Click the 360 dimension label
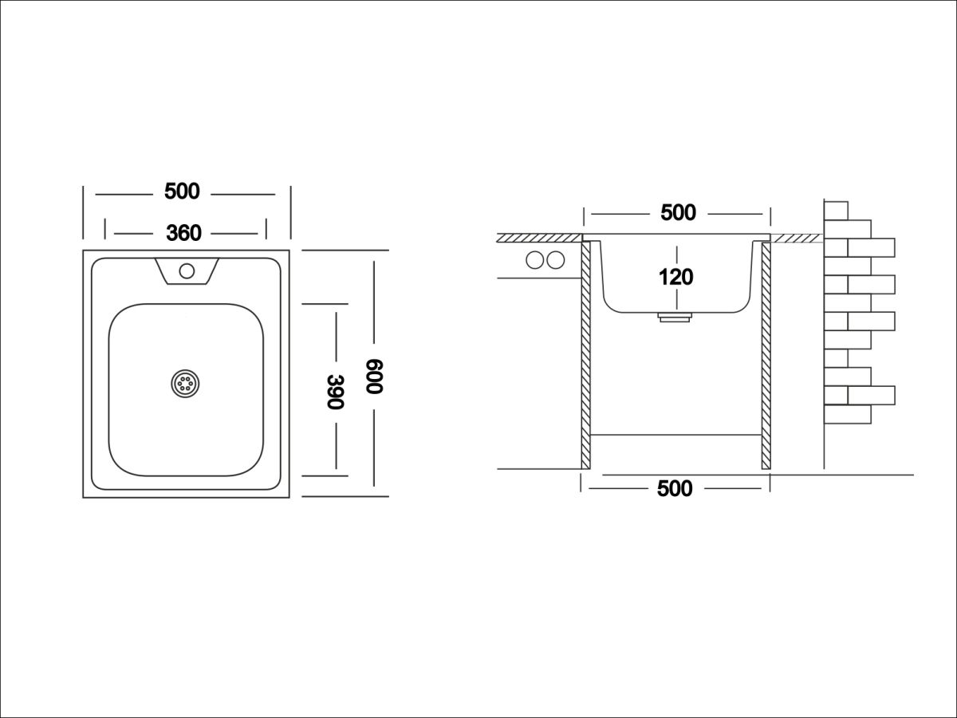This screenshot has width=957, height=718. coord(183,233)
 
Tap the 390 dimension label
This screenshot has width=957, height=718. coord(336,392)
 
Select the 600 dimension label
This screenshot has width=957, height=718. coord(374,377)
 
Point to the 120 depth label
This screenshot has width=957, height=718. coord(675,277)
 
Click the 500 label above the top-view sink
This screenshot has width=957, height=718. coord(182,191)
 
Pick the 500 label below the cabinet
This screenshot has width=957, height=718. coord(675,489)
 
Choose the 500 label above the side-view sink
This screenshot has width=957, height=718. coord(678,213)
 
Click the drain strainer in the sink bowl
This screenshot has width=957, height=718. coord(185,384)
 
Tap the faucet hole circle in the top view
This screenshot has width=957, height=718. coord(187,271)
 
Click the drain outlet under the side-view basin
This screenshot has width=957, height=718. coord(675,317)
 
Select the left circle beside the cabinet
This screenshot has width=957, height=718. coord(535,260)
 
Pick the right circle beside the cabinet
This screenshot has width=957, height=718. coord(555,260)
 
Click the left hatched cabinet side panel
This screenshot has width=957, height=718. coord(585,355)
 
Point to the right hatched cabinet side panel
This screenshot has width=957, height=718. coord(766,355)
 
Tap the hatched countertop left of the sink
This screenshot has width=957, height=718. coord(539,238)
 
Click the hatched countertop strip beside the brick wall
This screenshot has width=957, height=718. coord(797,238)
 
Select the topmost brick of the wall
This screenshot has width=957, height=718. coord(836,211)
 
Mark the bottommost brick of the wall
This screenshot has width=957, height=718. coord(848,414)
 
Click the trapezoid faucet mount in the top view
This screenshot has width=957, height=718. coord(187,271)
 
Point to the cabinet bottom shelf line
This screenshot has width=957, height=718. coord(675,435)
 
